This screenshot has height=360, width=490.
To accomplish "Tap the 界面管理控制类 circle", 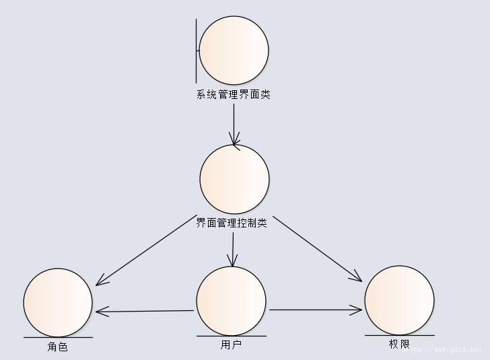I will (x=234, y=179).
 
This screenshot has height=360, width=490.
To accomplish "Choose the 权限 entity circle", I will (x=399, y=299).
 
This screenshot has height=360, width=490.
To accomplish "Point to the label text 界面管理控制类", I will (x=232, y=223).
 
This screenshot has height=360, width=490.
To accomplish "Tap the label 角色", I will (x=58, y=347).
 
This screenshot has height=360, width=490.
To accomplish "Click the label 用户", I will (x=231, y=345).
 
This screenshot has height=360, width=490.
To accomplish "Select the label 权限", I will (x=399, y=344).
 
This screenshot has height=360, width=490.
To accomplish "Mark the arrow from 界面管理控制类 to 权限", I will (x=317, y=248).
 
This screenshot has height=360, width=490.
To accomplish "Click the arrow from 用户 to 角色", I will (x=145, y=311).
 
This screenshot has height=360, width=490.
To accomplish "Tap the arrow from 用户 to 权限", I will (x=316, y=310).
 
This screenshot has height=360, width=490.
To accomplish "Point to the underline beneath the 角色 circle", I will (x=58, y=336).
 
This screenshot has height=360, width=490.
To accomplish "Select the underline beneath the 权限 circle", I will (x=399, y=334).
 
